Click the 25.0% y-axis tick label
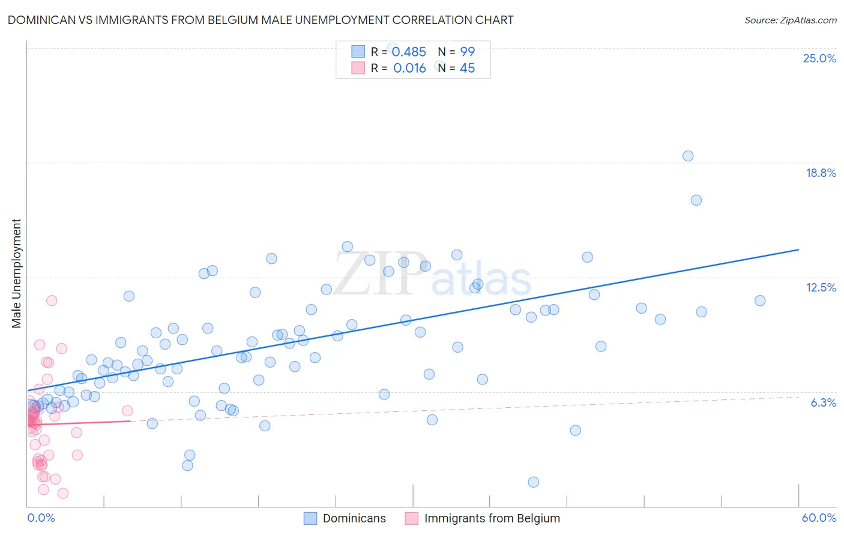pyautogui.click(x=819, y=58)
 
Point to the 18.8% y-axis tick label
pyautogui.click(x=821, y=173)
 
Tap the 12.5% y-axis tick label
pyautogui.click(x=821, y=287)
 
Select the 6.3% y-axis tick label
pyautogui.click(x=823, y=402)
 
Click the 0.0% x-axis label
pyautogui.click(x=41, y=518)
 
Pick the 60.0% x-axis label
pyautogui.click(x=819, y=518)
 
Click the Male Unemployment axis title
pyautogui.click(x=16, y=273)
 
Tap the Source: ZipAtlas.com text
pyautogui.click(x=790, y=20)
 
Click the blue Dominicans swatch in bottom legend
pyautogui.click(x=310, y=518)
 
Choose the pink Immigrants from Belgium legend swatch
pyautogui.click(x=412, y=518)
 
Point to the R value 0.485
pyautogui.click(x=409, y=52)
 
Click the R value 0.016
pyautogui.click(x=409, y=68)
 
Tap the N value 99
pyautogui.click(x=467, y=52)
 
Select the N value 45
pyautogui.click(x=467, y=68)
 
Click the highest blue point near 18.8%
pyautogui.click(x=688, y=156)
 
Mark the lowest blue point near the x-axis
pyautogui.click(x=533, y=482)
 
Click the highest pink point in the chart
pyautogui.click(x=52, y=300)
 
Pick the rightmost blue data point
pyautogui.click(x=760, y=300)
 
